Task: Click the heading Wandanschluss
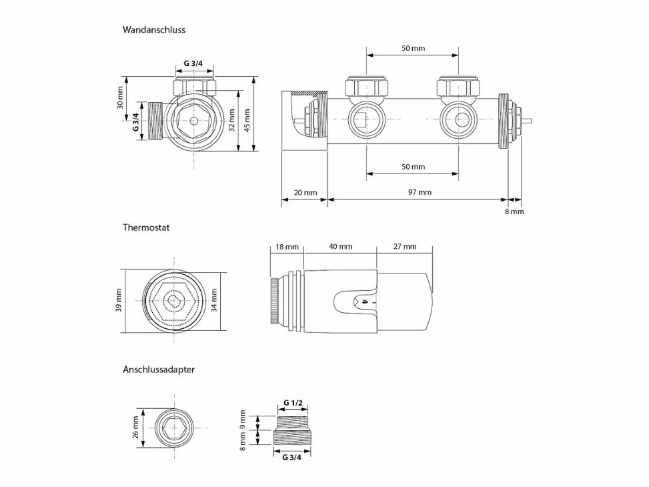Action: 154,30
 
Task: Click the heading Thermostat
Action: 146,227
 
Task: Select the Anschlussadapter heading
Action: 159,370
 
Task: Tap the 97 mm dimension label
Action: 420,192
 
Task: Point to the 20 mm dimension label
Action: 305,192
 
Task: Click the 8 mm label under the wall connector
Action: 514,211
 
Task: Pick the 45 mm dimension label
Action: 247,120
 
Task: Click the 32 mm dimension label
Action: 231,120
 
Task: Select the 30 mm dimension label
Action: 120,97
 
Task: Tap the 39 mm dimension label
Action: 118,300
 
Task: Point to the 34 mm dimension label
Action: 214,300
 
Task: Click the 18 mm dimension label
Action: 287,247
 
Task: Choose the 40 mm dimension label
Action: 341,247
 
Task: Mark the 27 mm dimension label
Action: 405,247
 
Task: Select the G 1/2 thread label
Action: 293,403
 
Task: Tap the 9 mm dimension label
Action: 243,420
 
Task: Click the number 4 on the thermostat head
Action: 365,302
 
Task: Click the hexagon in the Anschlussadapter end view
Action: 174,428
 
